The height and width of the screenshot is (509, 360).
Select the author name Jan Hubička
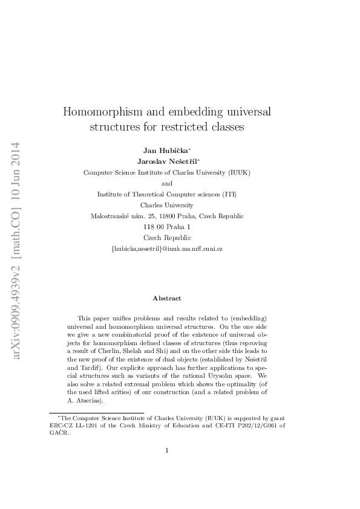[x=165, y=150]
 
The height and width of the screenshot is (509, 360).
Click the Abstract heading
[x=167, y=298]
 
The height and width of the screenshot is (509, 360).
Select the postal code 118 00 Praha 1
[x=168, y=227]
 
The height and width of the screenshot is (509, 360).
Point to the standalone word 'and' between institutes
[x=167, y=183]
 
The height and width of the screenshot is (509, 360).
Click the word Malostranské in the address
[x=111, y=216]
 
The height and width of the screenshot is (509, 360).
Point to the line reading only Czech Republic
[x=168, y=238]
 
